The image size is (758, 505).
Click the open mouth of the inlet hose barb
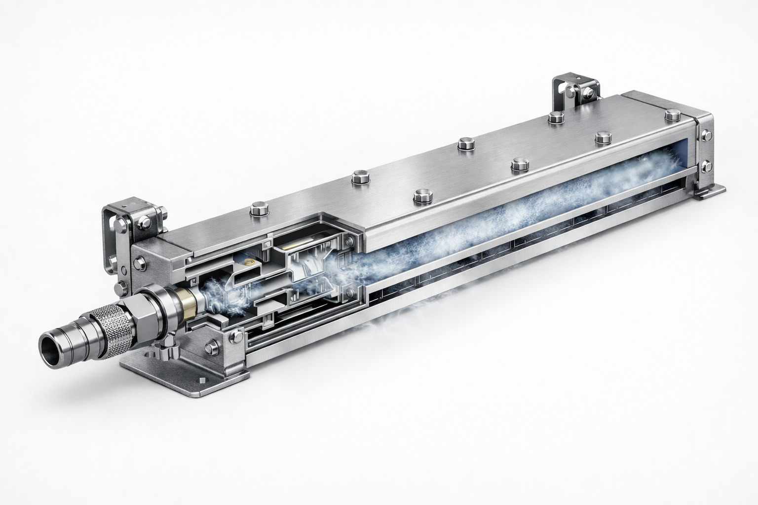(x=51, y=346)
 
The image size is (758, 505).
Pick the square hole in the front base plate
(x=202, y=380)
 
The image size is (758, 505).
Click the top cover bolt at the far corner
(x=671, y=115)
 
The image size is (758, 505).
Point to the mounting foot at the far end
(x=711, y=190)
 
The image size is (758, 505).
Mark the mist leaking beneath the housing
(x=395, y=325)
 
